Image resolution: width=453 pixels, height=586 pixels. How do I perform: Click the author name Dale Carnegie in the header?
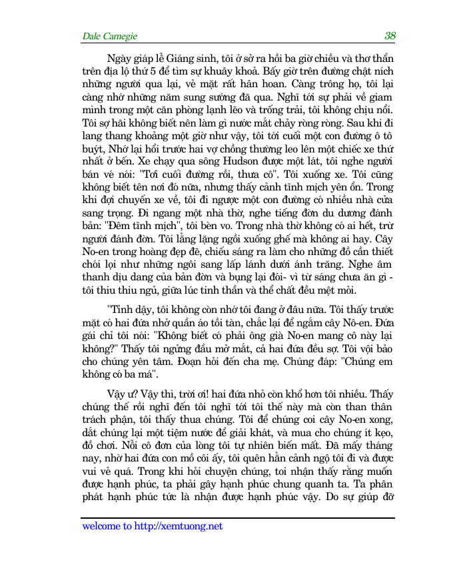109,36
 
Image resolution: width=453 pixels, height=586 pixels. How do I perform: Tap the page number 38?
390,36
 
